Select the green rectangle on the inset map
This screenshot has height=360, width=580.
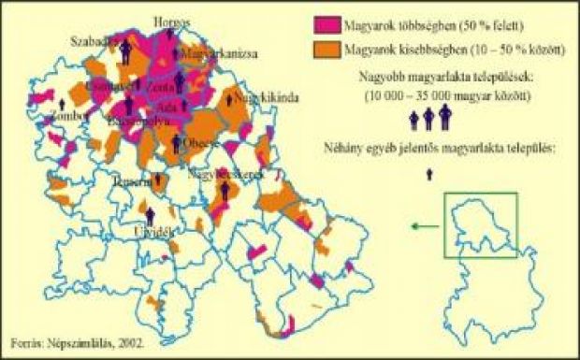pyautogui.click(x=479, y=224)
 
